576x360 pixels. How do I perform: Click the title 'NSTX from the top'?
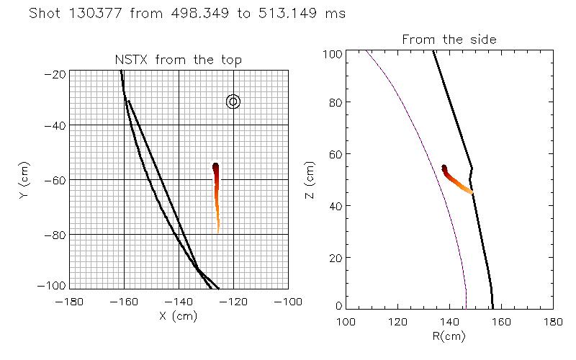pyautogui.click(x=179, y=60)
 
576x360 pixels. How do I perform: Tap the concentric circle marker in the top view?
pyautogui.click(x=233, y=102)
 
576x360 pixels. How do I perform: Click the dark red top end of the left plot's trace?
pyautogui.click(x=215, y=167)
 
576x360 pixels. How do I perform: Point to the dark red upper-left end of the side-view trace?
pyautogui.click(x=444, y=168)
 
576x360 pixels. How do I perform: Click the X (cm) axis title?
pyautogui.click(x=179, y=315)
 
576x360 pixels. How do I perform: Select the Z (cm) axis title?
pyautogui.click(x=310, y=180)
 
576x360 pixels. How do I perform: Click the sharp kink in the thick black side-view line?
pyautogui.click(x=472, y=168)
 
